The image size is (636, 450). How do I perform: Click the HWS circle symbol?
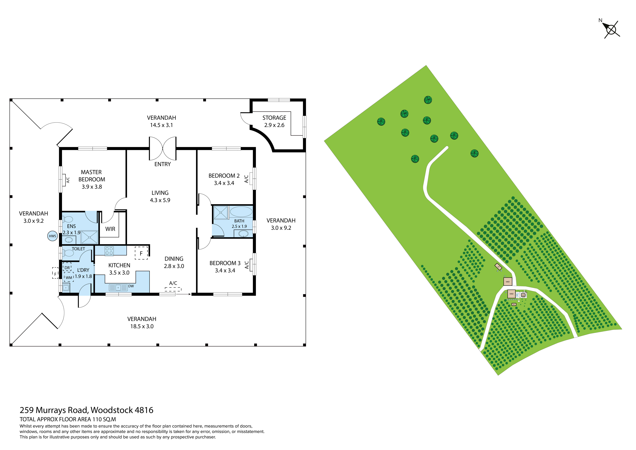(52, 236)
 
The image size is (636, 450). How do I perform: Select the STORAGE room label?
(274, 118)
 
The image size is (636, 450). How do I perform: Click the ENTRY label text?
(163, 164)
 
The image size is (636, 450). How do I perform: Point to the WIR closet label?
(110, 229)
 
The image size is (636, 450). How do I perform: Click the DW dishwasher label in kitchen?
(131, 286)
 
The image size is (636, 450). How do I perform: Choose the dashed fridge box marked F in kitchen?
(141, 253)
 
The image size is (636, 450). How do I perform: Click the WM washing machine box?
(69, 277)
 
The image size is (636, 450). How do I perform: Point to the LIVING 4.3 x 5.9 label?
(160, 196)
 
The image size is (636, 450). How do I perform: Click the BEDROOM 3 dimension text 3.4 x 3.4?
(225, 270)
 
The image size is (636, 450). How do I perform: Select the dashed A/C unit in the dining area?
(173, 289)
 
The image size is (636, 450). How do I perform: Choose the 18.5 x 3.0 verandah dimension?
(142, 326)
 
